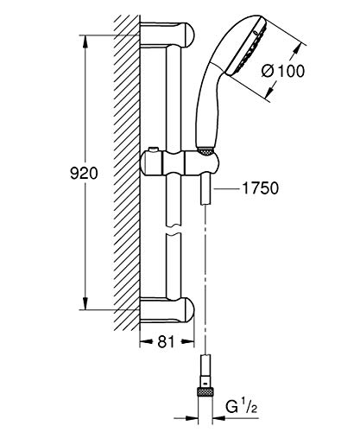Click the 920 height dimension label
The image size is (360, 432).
tap(84, 174)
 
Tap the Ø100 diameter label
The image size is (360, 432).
tap(283, 71)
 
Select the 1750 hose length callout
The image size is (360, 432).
tap(261, 188)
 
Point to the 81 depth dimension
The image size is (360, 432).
tap(167, 342)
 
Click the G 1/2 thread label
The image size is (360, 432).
tap(241, 407)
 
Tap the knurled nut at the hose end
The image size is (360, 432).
tap(205, 391)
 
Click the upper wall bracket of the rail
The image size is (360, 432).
tap(167, 35)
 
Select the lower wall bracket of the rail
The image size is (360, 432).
tap(167, 309)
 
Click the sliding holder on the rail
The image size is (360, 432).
tap(180, 163)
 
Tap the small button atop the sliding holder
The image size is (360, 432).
tap(154, 149)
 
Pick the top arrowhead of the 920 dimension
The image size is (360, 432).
tap(85, 41)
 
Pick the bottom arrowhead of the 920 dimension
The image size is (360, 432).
tap(85, 303)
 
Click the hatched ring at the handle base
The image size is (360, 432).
tap(205, 150)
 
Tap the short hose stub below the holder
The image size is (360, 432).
tap(205, 190)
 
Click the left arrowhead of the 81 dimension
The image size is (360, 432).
tap(146, 342)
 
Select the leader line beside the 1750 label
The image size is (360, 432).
tap(227, 188)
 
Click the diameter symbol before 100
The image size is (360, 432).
tap(268, 71)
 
